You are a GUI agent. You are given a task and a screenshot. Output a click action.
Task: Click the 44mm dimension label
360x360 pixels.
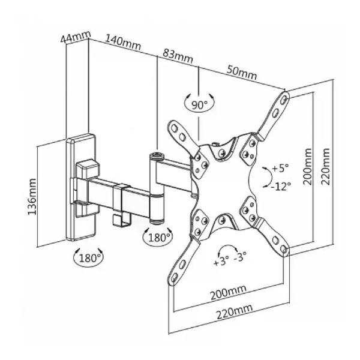pyautogui.click(x=76, y=37)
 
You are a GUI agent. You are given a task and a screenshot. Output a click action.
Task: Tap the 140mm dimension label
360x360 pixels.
pyautogui.click(x=123, y=43)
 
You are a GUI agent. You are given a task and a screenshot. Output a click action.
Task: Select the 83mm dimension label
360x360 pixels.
pyautogui.click(x=178, y=56)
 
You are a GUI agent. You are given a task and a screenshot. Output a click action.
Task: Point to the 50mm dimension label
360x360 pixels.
pyautogui.click(x=242, y=72)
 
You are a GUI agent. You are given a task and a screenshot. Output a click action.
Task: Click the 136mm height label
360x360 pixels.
pyautogui.click(x=32, y=197)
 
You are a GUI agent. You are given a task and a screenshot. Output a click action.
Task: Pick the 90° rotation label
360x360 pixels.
pyautogui.click(x=199, y=105)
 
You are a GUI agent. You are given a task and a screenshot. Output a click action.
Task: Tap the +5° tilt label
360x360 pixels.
pyautogui.click(x=280, y=168)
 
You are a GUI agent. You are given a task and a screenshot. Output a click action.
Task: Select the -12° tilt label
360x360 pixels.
pyautogui.click(x=281, y=186)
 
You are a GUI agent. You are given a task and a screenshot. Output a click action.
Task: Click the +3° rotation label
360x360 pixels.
pyautogui.click(x=221, y=262)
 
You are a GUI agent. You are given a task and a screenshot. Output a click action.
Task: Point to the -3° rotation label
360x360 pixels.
pyautogui.click(x=240, y=257)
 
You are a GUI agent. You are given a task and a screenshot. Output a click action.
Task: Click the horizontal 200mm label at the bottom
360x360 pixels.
pyautogui.click(x=229, y=293)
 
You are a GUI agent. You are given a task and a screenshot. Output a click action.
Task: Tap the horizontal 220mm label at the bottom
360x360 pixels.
pyautogui.click(x=235, y=312)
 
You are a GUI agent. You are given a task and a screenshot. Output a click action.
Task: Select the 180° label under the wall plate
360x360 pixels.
pyautogui.click(x=88, y=258)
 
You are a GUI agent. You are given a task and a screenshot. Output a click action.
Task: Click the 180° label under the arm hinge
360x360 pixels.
pyautogui.click(x=158, y=238)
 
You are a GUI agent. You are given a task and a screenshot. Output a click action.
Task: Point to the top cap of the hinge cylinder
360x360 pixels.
pyautogui.click(x=157, y=157)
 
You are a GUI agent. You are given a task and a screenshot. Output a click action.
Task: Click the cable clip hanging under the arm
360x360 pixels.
pyautogui.click(x=122, y=219)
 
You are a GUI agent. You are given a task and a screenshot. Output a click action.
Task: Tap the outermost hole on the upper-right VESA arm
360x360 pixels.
pyautogui.click(x=284, y=99)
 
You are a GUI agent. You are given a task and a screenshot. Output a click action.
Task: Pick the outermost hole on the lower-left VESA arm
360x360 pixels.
pyautogui.click(x=174, y=277)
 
